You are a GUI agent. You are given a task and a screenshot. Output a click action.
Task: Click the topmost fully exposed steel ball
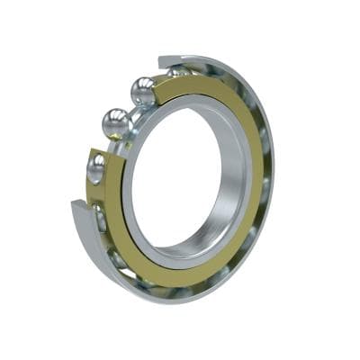pyautogui.click(x=142, y=91)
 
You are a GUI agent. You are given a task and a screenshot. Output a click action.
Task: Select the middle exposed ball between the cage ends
pyautogui.click(x=117, y=123)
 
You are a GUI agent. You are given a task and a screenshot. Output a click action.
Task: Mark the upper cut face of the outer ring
pyautogui.click(x=166, y=63)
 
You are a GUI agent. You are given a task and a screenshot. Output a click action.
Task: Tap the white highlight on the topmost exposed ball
pyautogui.click(x=138, y=85)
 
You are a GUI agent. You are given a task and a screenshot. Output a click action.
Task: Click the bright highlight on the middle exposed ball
pyautogui.click(x=112, y=117)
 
